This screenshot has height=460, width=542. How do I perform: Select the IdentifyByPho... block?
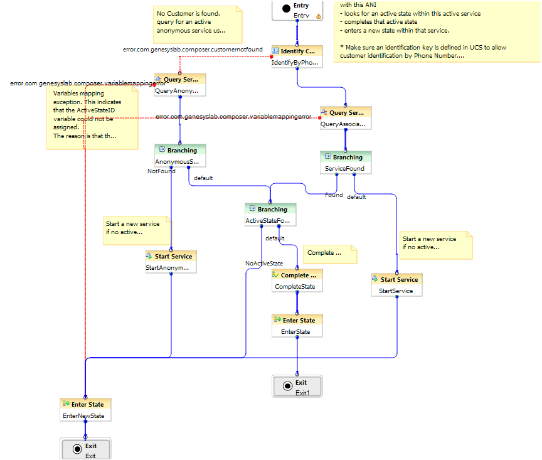[297, 56]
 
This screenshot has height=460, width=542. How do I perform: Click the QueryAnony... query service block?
[180, 85]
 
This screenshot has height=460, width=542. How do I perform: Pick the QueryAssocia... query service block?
[346, 118]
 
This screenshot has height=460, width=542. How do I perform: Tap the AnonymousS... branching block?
[180, 156]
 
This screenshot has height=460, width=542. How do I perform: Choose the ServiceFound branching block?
[346, 163]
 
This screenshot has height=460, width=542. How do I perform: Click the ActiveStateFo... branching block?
[270, 215]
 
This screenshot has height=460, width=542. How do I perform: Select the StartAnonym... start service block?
[171, 262]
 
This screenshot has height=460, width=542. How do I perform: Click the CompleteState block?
[297, 281]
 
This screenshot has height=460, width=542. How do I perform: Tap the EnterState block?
[297, 326]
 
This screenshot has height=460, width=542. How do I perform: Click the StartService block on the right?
[396, 285]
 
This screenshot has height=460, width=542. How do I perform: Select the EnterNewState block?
[85, 410]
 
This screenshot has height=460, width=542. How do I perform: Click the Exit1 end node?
[297, 387]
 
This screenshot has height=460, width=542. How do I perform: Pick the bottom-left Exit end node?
[86, 450]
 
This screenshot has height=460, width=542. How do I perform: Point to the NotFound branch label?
[161, 171]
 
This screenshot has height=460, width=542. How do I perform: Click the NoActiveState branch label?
[263, 264]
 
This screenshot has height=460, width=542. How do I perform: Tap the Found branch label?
[334, 195]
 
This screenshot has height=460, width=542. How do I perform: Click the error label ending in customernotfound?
[193, 50]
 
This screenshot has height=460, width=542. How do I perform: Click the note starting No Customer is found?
[197, 23]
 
